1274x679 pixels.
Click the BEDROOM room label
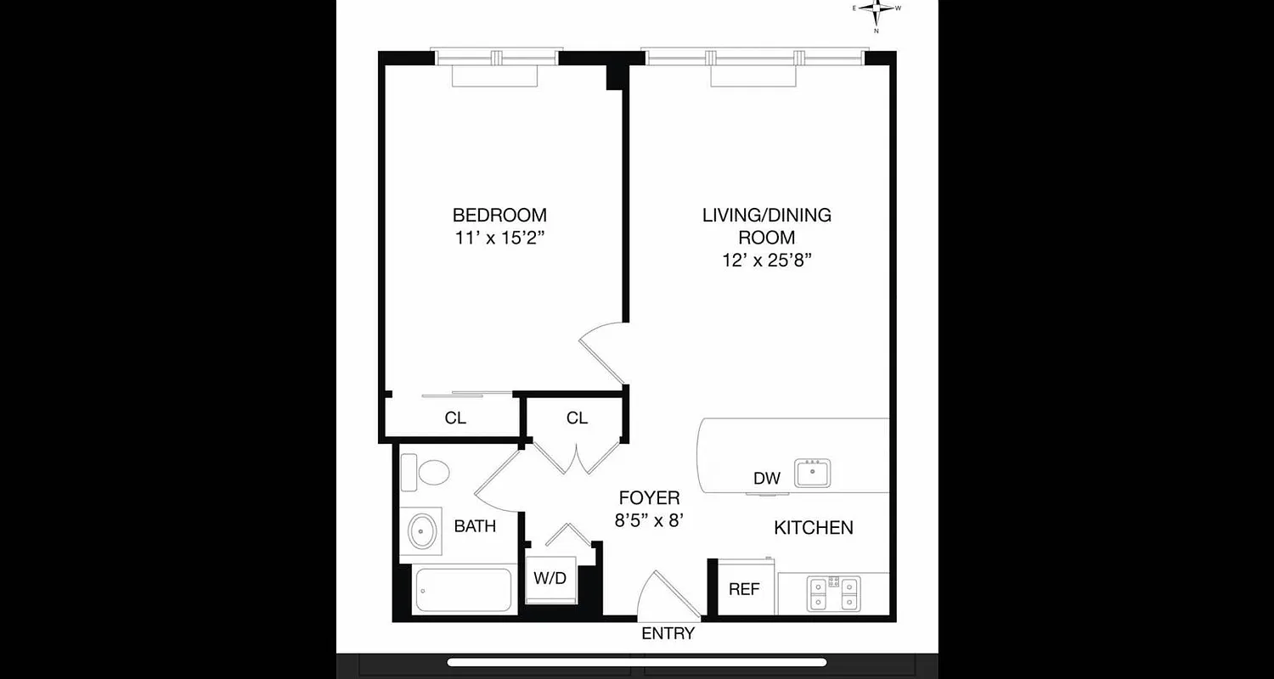coord(499,215)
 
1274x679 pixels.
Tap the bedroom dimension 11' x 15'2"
coord(499,238)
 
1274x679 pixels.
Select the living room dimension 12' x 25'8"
coord(766,261)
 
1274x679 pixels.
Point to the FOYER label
coord(649,498)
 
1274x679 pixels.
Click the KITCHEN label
coord(813,528)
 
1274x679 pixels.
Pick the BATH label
coord(475,526)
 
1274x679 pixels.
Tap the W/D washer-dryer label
coord(550,579)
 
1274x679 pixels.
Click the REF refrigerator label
coord(744,589)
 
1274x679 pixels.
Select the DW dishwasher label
coord(766,479)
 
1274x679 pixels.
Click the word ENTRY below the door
coord(668,633)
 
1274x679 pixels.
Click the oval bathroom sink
coord(421,531)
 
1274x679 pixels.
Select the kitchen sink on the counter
coord(813,472)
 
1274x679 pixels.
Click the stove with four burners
coord(833,592)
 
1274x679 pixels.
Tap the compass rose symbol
coord(877,11)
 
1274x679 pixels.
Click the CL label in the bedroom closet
coord(455,418)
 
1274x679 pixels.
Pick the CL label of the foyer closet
coord(577,418)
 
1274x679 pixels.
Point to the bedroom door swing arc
coord(601,350)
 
